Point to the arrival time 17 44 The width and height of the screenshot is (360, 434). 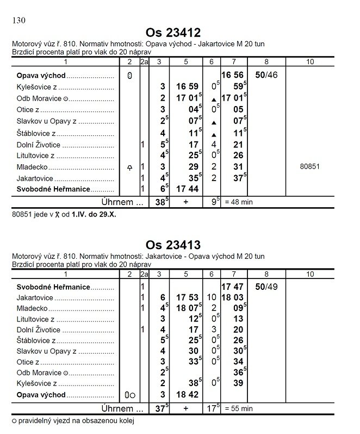click(187, 189)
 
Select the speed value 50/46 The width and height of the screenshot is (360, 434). click(266, 75)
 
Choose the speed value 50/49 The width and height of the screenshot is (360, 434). click(266, 286)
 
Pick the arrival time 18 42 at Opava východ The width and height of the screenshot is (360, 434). click(187, 395)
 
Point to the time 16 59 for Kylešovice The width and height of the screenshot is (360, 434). click(186, 86)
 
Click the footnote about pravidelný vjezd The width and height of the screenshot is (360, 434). click(72, 420)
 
